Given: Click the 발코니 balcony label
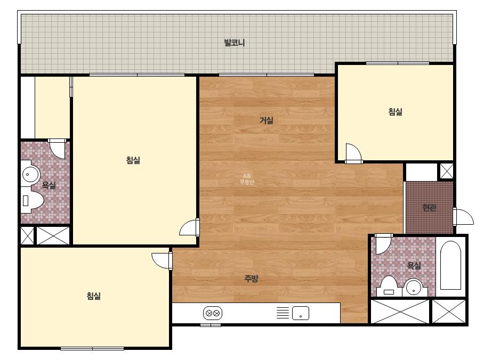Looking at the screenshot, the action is pyautogui.click(x=235, y=43).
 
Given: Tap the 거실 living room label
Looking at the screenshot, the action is pyautogui.click(x=267, y=120).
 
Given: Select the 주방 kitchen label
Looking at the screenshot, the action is pyautogui.click(x=252, y=278).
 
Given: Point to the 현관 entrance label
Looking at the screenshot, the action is pyautogui.click(x=429, y=207).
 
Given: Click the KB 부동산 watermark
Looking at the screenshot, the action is pyautogui.click(x=247, y=179).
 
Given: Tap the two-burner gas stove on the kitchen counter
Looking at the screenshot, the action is pyautogui.click(x=213, y=313).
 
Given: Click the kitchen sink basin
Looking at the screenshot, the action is pyautogui.click(x=300, y=313).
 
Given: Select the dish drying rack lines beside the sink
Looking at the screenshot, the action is pyautogui.click(x=283, y=313).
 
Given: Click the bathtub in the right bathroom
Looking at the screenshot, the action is pyautogui.click(x=450, y=265).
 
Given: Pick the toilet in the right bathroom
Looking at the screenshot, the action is pyautogui.click(x=389, y=286).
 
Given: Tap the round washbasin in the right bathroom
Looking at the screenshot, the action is pyautogui.click(x=414, y=287).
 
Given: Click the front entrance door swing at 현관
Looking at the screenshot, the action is pyautogui.click(x=463, y=216).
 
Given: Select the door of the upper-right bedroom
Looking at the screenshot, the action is pyautogui.click(x=353, y=154).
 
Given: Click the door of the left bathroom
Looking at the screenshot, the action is pyautogui.click(x=57, y=149).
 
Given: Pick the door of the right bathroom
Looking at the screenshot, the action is pyautogui.click(x=383, y=244).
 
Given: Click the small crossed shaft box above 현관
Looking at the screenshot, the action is pyautogui.click(x=447, y=171).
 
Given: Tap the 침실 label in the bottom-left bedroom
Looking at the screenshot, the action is pyautogui.click(x=93, y=296).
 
